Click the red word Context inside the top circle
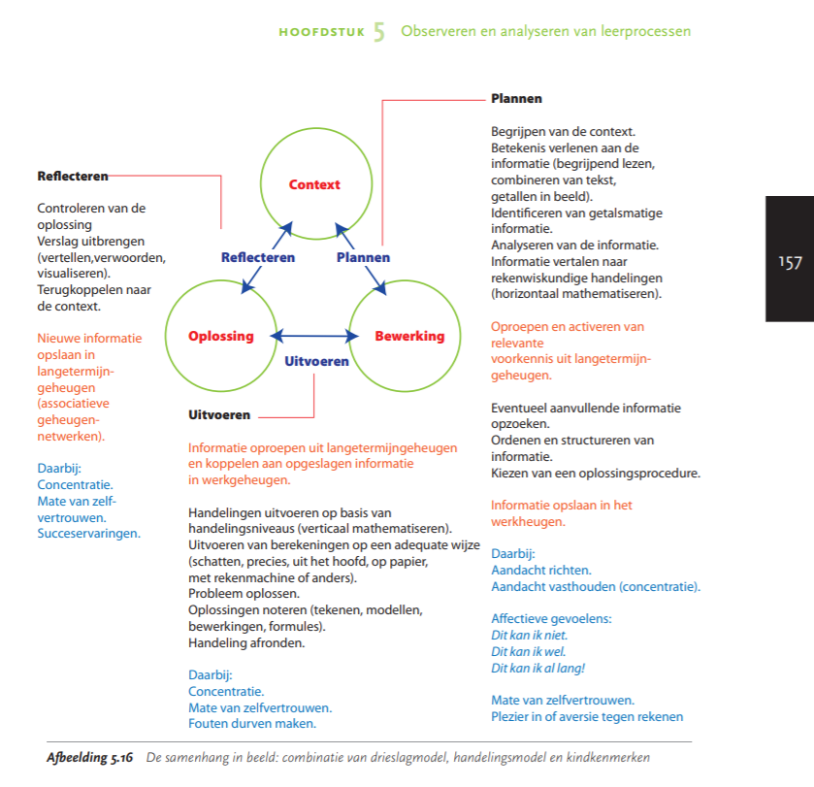(x=314, y=184)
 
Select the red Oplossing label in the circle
(x=221, y=336)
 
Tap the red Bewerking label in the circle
(x=409, y=336)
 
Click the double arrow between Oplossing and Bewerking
(x=314, y=336)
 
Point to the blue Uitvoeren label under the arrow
(x=315, y=361)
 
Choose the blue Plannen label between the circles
(x=364, y=257)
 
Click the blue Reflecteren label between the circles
(x=258, y=257)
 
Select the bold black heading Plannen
(x=516, y=99)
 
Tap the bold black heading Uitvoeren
(x=219, y=414)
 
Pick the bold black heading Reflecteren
(x=73, y=177)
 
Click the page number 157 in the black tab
(x=790, y=262)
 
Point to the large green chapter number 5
(x=379, y=32)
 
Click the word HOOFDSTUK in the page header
(x=321, y=32)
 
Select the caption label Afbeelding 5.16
(x=90, y=756)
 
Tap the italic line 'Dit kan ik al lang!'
(x=537, y=668)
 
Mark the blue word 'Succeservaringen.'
(x=88, y=533)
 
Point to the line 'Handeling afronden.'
(x=245, y=642)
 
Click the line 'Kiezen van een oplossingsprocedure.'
(x=595, y=474)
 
